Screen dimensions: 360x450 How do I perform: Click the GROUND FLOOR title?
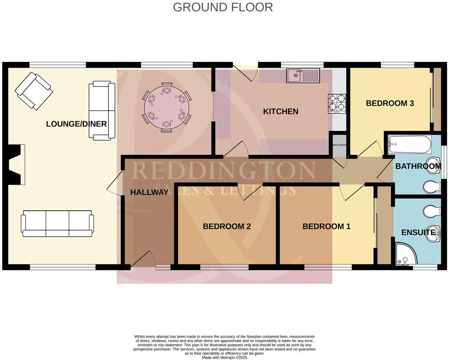click(223, 7)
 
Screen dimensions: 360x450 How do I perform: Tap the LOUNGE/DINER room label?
click(76, 124)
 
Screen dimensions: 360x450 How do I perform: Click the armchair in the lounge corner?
click(34, 91)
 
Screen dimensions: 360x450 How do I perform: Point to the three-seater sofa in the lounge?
click(57, 225)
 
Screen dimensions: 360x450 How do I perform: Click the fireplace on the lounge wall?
click(16, 165)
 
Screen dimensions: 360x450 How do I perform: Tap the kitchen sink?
click(296, 75)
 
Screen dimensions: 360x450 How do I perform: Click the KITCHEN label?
click(280, 112)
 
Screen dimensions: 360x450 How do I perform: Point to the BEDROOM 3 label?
click(384, 103)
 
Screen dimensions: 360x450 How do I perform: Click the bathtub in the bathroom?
click(410, 144)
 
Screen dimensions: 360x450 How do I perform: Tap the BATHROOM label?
click(417, 166)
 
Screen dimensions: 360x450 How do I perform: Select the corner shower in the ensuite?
click(406, 255)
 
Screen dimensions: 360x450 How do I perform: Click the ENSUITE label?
click(418, 232)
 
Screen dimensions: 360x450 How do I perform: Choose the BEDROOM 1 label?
click(326, 226)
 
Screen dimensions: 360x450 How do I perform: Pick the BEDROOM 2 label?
click(227, 226)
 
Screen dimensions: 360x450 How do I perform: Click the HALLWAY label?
click(149, 192)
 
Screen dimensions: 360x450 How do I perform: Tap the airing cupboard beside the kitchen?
click(338, 146)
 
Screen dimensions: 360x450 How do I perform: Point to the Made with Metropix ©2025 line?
click(225, 358)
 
